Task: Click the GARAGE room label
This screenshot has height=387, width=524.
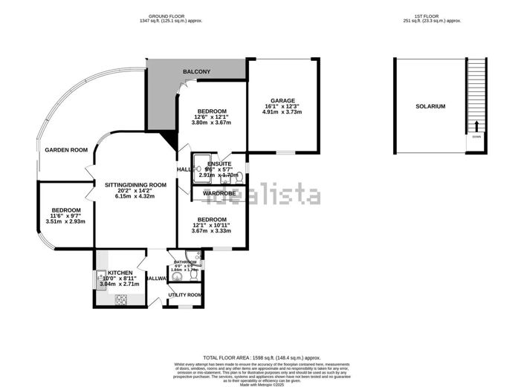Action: point(282,100)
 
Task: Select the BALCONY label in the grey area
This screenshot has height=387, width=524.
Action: point(197,71)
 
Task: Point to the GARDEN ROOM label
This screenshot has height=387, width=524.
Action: point(66,150)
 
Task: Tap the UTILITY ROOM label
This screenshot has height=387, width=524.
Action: point(185,295)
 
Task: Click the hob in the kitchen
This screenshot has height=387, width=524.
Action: point(120,299)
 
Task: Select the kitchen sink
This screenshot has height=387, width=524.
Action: point(100,279)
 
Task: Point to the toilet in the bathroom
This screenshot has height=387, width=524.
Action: point(193,274)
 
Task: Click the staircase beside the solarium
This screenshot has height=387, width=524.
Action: point(474,97)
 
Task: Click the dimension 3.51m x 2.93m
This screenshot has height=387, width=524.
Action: point(66,221)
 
